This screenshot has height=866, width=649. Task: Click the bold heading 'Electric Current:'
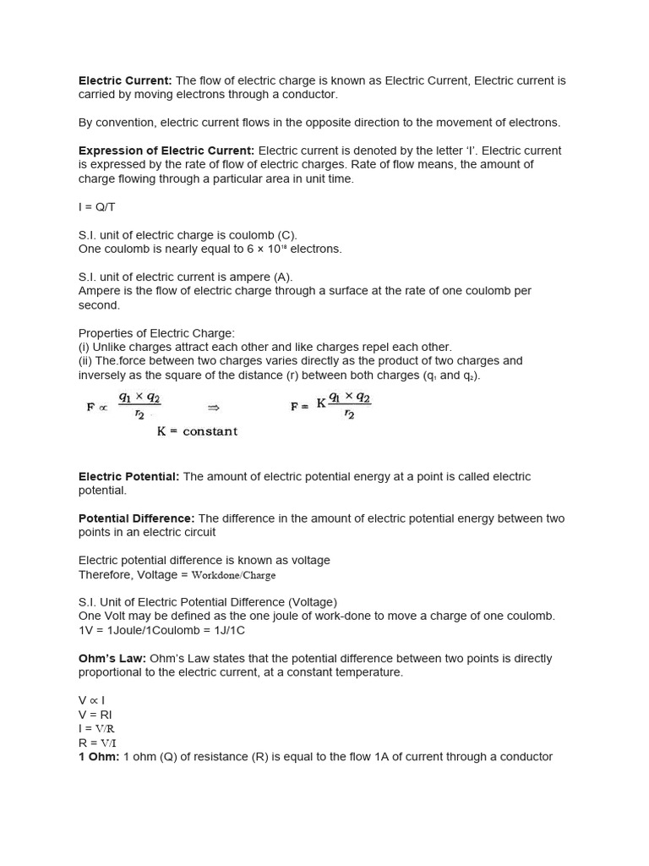[x=125, y=80]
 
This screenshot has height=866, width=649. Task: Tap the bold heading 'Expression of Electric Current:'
[x=166, y=151]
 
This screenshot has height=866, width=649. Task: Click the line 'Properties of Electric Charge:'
[x=156, y=333]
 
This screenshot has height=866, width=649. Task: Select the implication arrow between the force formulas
[x=214, y=407]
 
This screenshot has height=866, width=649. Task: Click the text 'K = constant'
[x=197, y=431]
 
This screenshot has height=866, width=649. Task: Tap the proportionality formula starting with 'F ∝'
[x=124, y=406]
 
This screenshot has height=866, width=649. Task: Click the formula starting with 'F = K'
[x=331, y=405]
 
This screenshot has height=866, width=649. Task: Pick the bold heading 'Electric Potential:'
[x=128, y=476]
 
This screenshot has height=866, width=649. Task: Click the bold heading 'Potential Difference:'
[x=137, y=518]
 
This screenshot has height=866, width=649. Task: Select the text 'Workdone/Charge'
[x=234, y=575]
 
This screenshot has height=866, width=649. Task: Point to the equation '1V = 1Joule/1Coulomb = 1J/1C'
[x=161, y=630]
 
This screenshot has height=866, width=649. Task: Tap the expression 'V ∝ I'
[x=91, y=700]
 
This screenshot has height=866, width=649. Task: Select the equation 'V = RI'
[x=95, y=715]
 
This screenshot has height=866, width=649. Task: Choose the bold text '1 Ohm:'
[x=99, y=757]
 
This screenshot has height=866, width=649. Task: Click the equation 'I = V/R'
[x=96, y=728]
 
